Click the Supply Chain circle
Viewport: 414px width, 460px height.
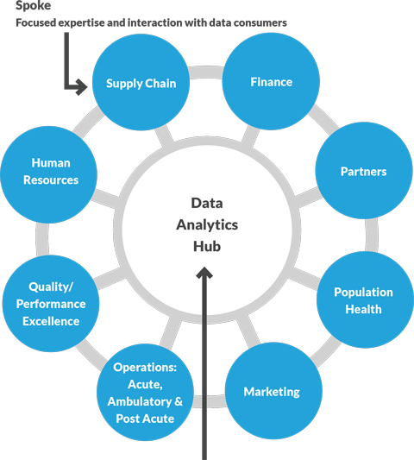coord(141,84)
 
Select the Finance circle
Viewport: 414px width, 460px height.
coord(271,82)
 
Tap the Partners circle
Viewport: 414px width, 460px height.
coord(362,171)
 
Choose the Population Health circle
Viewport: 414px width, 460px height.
coord(363,300)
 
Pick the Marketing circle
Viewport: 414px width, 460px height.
coord(271,391)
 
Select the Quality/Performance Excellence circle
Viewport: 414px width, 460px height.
coord(52,304)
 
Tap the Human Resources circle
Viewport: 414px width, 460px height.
coord(50,171)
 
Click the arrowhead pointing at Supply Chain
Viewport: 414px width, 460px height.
coord(84,85)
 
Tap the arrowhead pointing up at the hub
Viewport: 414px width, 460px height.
coord(205,274)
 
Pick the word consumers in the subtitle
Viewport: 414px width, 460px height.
coord(259,22)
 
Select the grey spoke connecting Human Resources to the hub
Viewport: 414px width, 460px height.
coord(107,191)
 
